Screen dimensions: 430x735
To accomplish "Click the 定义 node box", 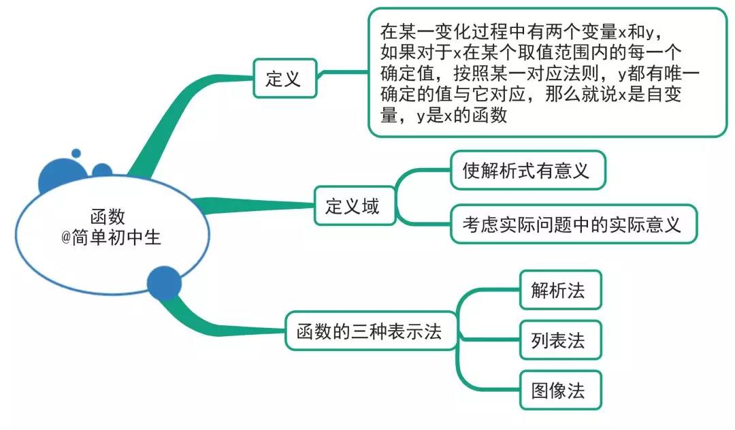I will pyautogui.click(x=284, y=79).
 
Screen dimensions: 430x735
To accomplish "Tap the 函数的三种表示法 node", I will pyautogui.click(x=370, y=331).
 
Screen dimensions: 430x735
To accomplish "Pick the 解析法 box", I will pyautogui.click(x=559, y=291).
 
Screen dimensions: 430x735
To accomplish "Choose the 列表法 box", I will pyautogui.click(x=559, y=340).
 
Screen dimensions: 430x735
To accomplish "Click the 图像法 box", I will pyautogui.click(x=559, y=390).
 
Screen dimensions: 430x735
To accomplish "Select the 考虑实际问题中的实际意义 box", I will pyautogui.click(x=573, y=223).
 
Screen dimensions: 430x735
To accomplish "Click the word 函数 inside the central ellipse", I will pyautogui.click(x=108, y=216).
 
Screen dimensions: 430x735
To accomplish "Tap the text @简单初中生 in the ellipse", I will pyautogui.click(x=112, y=237).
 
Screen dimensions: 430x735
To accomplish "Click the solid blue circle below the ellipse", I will pyautogui.click(x=164, y=284).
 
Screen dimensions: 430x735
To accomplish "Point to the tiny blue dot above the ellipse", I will pyautogui.click(x=76, y=153).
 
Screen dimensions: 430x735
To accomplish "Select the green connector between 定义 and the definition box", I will pyautogui.click(x=344, y=71).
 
